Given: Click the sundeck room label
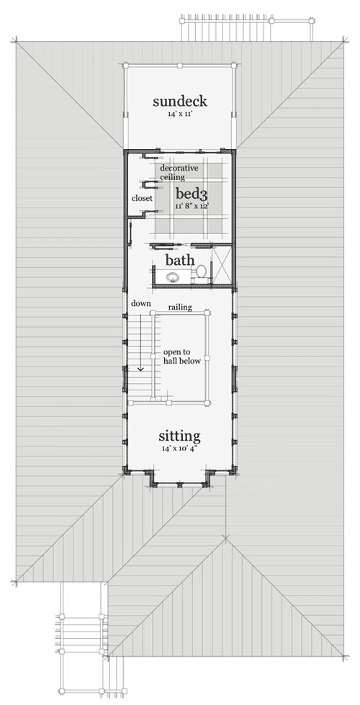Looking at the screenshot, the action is (180, 101).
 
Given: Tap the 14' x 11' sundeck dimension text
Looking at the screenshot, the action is (180, 114).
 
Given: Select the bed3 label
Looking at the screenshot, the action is (192, 194).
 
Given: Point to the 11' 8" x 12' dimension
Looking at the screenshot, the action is (192, 206).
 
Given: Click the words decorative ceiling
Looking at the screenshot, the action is (179, 172).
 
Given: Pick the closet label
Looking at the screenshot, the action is (142, 198).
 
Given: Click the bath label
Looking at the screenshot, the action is (180, 260).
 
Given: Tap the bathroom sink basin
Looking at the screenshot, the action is (173, 277).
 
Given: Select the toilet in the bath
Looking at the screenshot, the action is (202, 272).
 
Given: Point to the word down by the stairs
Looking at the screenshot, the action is (141, 303).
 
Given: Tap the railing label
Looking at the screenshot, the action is (180, 307).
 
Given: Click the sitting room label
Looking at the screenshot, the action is (180, 436).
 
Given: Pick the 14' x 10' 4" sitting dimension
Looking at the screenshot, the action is (180, 449).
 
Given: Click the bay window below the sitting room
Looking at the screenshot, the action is (180, 479).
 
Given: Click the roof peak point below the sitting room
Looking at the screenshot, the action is (225, 536).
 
